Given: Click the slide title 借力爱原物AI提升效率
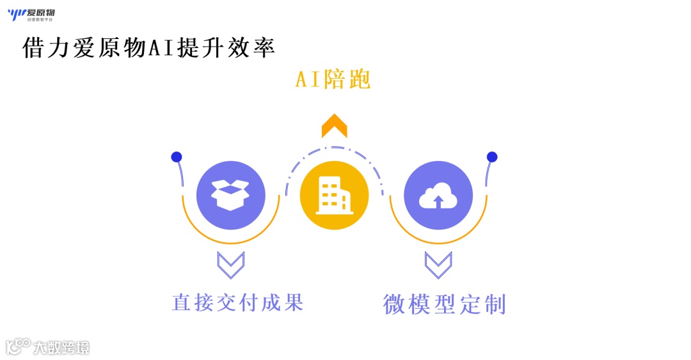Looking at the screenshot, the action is pos(148,48).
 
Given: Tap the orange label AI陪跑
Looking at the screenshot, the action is pos(333,81).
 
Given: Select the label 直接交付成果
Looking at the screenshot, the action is pos(237,302).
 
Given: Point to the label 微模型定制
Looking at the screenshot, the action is pos(445,304).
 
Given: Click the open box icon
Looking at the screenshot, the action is pos(230,194).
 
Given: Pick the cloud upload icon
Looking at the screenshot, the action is pos(438,194).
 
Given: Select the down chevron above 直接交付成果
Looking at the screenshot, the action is pos(230,264).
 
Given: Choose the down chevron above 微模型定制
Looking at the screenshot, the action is pos(438,264).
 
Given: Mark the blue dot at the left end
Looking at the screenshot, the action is pos(177,157).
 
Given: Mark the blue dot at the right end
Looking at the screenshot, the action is pos(492,157).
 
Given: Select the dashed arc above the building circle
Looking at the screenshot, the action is pos(334,148).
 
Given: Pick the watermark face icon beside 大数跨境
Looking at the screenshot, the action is pos(17,347).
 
